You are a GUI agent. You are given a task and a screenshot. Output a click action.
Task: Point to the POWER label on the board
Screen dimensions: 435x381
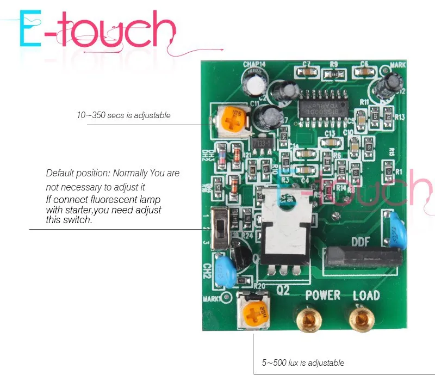[322, 296]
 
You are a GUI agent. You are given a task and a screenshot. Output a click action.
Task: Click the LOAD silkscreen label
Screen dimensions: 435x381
[366, 296]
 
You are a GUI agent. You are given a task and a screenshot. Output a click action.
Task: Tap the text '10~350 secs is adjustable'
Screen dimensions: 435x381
[123, 115]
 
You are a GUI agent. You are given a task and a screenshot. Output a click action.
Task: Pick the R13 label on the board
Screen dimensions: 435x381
[400, 116]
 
